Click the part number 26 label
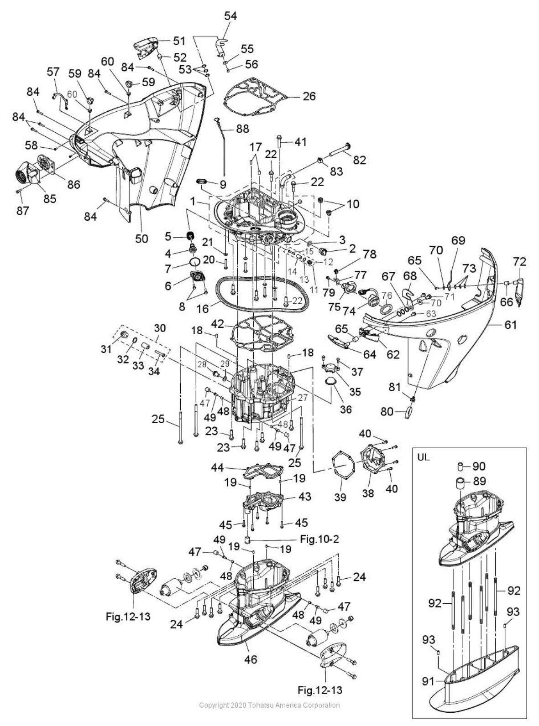click(x=309, y=96)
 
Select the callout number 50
click(x=141, y=238)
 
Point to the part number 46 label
click(x=251, y=659)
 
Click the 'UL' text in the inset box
click(x=424, y=456)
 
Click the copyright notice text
click(x=269, y=705)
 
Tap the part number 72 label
click(x=519, y=262)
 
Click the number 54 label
click(x=230, y=16)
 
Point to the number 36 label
click(x=345, y=409)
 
